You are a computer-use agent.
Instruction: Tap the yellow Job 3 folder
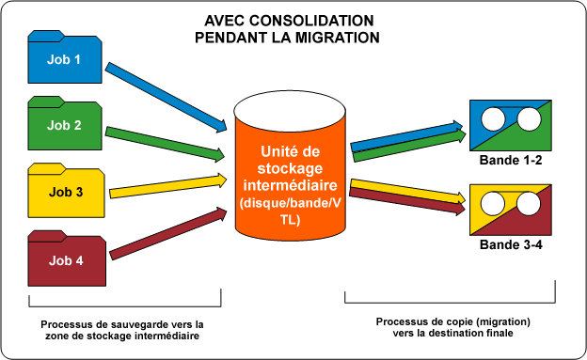(64, 191)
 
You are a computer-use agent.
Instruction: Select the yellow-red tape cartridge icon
(509, 209)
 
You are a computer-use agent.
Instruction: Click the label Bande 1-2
(510, 161)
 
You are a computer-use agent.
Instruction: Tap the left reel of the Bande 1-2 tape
(492, 118)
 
